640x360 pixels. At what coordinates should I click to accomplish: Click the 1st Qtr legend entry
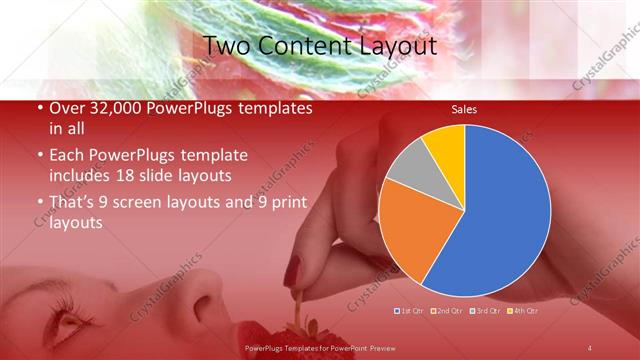coord(411,311)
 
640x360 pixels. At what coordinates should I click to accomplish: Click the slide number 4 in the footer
coord(589,347)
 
